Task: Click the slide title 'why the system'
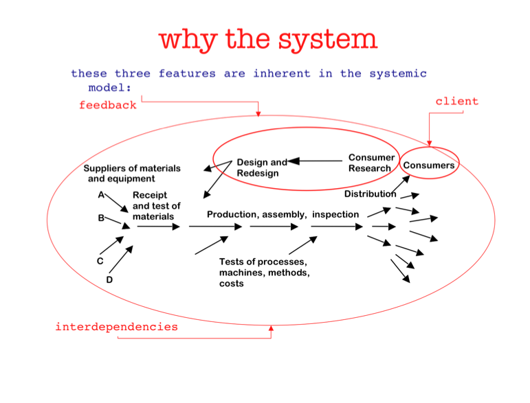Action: [x=268, y=39]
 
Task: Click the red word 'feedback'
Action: [x=107, y=105]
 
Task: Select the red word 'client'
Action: [x=456, y=101]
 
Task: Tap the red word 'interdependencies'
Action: [x=116, y=327]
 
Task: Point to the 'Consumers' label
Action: [x=429, y=165]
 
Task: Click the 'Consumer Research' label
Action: [x=371, y=163]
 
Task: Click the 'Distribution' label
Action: [x=370, y=194]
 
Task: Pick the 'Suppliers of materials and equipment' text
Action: [x=131, y=173]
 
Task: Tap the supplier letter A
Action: [x=100, y=195]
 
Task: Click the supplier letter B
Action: [x=101, y=218]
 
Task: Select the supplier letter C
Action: [x=100, y=261]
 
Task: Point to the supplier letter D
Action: [x=109, y=279]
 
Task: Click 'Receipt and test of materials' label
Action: [x=156, y=206]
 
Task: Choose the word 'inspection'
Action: [x=335, y=214]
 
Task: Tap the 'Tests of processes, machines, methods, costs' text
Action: [x=264, y=273]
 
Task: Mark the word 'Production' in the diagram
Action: [x=232, y=214]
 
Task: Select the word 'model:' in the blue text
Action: [x=110, y=87]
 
